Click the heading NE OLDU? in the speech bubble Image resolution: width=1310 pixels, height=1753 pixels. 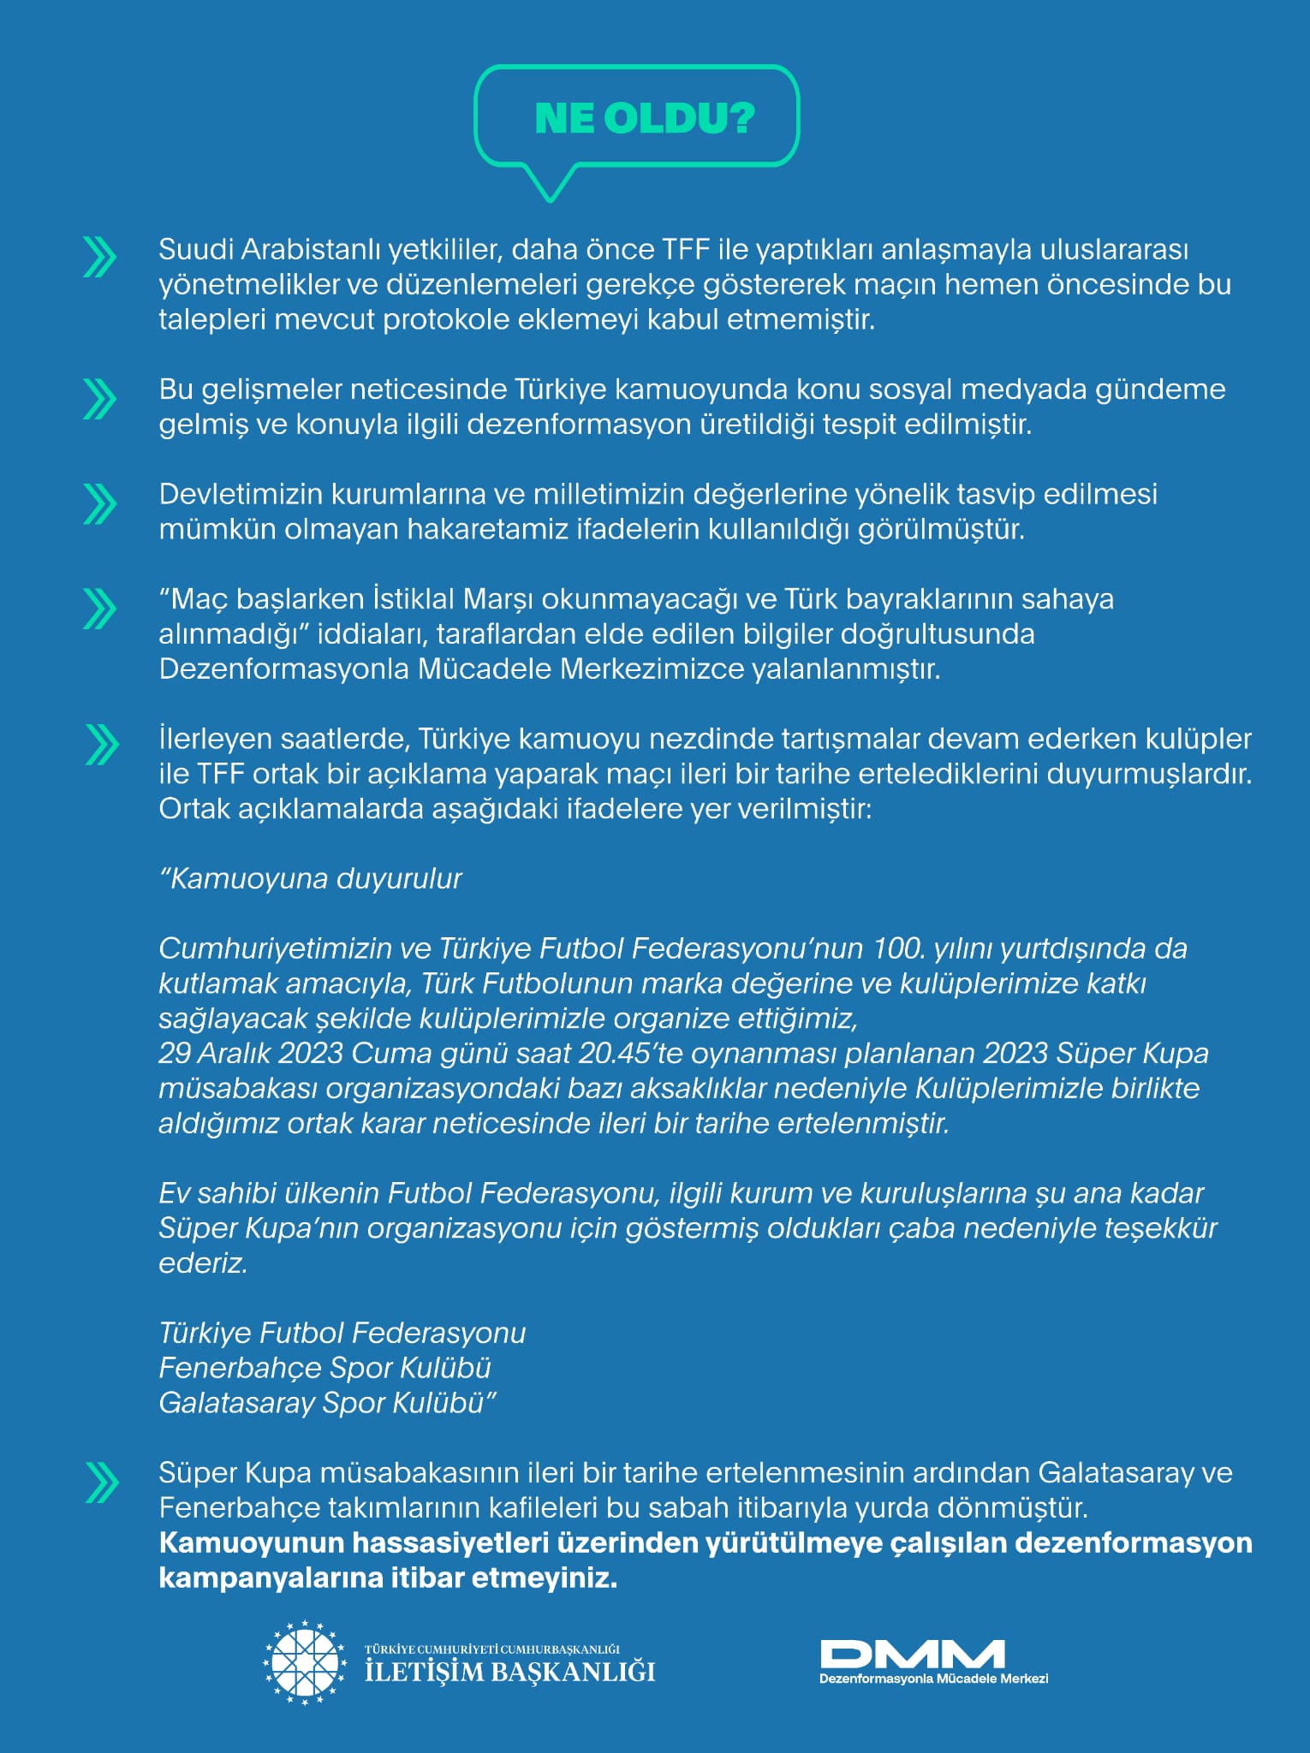point(644,119)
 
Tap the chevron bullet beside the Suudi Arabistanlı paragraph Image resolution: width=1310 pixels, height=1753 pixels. point(99,258)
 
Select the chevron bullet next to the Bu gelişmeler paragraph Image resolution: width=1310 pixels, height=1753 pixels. point(99,399)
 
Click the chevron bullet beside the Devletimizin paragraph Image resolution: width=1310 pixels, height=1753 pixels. point(99,503)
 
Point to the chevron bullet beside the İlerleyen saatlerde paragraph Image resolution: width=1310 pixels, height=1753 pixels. point(101,745)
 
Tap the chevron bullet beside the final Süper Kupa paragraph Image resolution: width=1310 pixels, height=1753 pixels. point(101,1483)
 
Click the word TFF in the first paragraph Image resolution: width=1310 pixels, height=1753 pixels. point(686,250)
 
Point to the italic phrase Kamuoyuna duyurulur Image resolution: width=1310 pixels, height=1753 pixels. point(311,879)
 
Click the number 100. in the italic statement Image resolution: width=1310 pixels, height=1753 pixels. point(899,948)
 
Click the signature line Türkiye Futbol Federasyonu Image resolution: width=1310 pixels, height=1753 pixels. point(342,1333)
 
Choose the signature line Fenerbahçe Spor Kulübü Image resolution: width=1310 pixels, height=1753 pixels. point(325,1368)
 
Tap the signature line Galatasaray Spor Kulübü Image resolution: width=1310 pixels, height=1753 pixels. point(328,1403)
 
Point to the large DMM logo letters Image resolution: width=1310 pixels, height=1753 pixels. point(912,1654)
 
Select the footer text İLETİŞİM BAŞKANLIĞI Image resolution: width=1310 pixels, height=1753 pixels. point(510,1672)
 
